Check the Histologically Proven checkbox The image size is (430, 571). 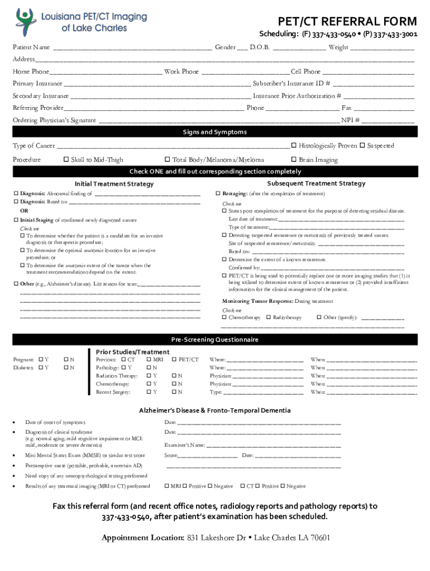tap(294, 146)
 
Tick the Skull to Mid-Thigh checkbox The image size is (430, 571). tap(66, 160)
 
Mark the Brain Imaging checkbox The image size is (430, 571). tap(294, 160)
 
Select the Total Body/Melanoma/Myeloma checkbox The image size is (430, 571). tap(167, 160)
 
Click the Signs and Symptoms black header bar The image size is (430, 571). tap(215, 132)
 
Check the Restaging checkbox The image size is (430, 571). tap(218, 194)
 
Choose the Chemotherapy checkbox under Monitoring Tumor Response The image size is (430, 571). tap(224, 318)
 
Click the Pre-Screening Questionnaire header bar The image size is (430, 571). tap(215, 340)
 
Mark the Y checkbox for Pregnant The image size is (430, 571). tap(40, 360)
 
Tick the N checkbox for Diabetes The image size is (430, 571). tap(65, 368)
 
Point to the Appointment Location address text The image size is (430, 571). tap(258, 538)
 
